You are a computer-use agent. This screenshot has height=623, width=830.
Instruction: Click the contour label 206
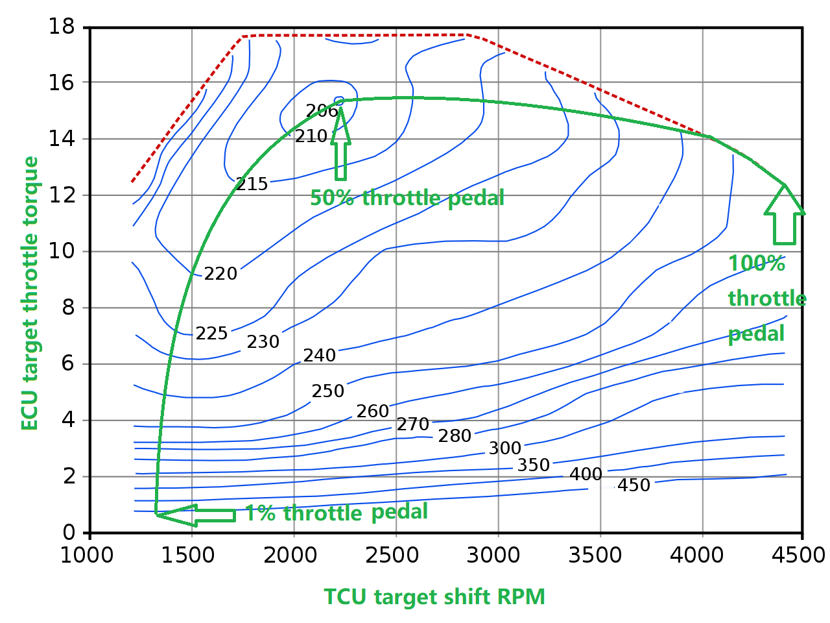point(322,111)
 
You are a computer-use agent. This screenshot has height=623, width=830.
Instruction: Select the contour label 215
point(252,184)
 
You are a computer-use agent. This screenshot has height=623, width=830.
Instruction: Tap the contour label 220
point(220,274)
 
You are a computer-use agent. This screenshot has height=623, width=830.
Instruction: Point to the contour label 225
point(211,334)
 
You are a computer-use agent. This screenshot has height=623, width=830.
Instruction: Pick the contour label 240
point(320,356)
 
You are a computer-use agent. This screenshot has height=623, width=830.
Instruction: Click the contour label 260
point(373,411)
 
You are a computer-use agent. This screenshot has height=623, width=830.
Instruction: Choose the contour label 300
point(505,448)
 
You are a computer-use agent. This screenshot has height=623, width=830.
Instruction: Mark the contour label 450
point(634,485)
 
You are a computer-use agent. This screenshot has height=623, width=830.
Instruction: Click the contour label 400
point(586,474)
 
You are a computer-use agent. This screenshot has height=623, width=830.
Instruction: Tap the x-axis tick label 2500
point(396,556)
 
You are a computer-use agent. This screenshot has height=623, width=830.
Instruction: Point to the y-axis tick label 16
point(62,83)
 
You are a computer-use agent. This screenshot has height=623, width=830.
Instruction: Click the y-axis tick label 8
point(69,308)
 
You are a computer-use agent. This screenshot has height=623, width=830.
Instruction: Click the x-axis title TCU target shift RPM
point(434,596)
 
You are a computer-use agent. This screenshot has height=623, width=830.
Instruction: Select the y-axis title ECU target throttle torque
point(30,293)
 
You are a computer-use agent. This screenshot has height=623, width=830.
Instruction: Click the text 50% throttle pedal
point(407,198)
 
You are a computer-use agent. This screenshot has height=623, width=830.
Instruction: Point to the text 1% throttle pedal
point(336,513)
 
